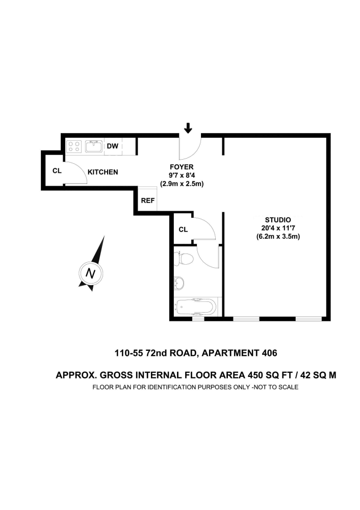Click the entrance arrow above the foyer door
[x=188, y=128]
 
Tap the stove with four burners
[x=74, y=146]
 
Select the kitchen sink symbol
[x=94, y=146]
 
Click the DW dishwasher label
[x=113, y=146]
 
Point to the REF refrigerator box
[x=147, y=200]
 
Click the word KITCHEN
[x=103, y=172]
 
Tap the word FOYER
[x=182, y=167]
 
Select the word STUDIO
[x=274, y=220]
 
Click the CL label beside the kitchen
[x=57, y=170]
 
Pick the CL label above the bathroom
[x=183, y=229]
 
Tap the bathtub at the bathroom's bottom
[x=196, y=307]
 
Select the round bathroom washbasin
[x=179, y=282]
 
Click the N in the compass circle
[x=91, y=273]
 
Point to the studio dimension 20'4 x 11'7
[x=274, y=228]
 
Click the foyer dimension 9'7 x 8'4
[x=182, y=175]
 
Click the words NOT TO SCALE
[x=275, y=387]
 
